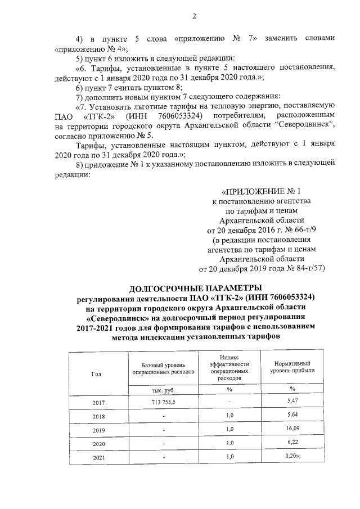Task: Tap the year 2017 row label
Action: (x=98, y=403)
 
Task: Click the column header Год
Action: (x=97, y=374)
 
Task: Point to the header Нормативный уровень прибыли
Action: (x=292, y=367)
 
